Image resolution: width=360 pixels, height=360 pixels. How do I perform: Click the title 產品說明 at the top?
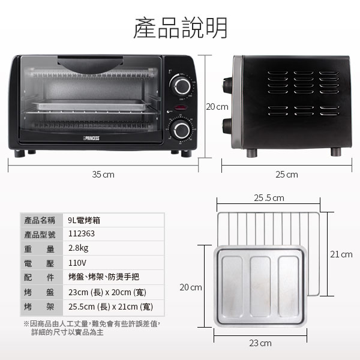(x=180, y=28)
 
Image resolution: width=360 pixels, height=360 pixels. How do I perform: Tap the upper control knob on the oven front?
(x=182, y=86)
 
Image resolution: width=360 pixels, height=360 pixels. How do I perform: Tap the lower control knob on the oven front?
(x=181, y=130)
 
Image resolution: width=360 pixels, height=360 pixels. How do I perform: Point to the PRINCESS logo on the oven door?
(x=91, y=138)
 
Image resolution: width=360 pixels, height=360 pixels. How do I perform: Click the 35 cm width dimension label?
(x=103, y=175)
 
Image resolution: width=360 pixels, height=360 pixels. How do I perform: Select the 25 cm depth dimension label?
(x=287, y=175)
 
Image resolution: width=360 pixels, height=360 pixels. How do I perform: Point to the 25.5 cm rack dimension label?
(x=269, y=198)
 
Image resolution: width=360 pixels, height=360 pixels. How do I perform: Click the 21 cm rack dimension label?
(x=341, y=254)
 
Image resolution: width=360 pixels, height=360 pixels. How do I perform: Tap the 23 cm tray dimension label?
(x=260, y=343)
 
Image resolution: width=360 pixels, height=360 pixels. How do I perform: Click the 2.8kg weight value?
(x=78, y=248)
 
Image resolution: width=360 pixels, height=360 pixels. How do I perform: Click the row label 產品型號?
(x=40, y=235)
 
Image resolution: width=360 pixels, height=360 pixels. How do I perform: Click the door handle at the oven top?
(x=90, y=64)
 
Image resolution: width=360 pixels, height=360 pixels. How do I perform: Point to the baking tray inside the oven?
(x=91, y=105)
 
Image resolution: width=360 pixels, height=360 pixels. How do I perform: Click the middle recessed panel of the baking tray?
(x=260, y=286)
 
